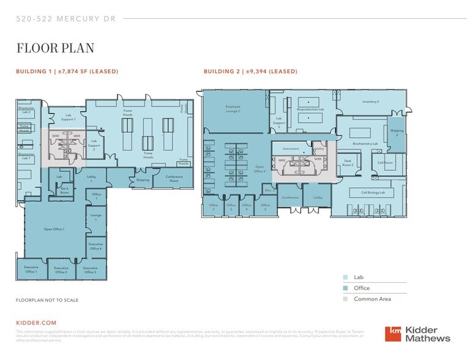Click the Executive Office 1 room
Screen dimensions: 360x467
tap(31, 269)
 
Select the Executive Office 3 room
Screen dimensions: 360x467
tap(91, 269)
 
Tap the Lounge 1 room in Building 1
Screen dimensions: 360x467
tap(96, 217)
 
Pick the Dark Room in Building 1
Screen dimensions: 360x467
tap(64, 189)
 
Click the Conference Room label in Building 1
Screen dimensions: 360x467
tap(178, 178)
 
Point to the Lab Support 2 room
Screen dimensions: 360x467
tap(94, 147)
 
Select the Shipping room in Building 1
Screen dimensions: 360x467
tap(143, 180)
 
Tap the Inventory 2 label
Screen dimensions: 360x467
tap(370, 102)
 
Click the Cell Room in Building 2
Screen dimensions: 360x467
tap(385, 162)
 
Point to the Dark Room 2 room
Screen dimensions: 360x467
tap(348, 163)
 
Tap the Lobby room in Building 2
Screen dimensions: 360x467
tap(318, 197)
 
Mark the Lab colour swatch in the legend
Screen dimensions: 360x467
tap(346, 277)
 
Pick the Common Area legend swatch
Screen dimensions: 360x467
tap(346, 299)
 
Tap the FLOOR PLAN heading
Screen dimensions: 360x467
tap(54, 48)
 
